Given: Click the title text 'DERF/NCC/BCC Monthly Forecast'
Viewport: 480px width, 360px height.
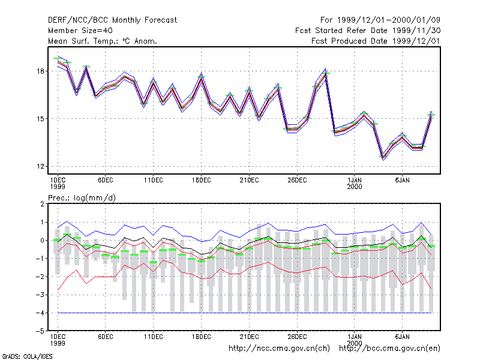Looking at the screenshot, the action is click(x=112, y=20).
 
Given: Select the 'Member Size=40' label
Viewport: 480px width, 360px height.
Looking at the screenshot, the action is click(x=80, y=31).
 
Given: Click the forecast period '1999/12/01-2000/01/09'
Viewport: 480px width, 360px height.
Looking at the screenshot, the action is click(x=388, y=20).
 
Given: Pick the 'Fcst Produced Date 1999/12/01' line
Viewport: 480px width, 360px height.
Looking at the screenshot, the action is click(x=376, y=41).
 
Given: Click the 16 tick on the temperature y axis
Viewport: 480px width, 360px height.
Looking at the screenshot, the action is click(x=40, y=71).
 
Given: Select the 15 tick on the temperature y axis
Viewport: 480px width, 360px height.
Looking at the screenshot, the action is click(x=40, y=119).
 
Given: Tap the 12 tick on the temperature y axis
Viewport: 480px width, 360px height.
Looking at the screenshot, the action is click(x=40, y=167).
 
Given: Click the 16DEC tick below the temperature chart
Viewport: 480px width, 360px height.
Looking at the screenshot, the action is click(x=202, y=181).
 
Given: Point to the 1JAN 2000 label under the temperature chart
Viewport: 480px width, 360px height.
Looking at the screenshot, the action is click(x=355, y=184).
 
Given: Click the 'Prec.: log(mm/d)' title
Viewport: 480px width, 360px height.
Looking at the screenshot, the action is click(x=82, y=198).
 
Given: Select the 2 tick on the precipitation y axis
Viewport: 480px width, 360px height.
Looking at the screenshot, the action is click(x=42, y=204).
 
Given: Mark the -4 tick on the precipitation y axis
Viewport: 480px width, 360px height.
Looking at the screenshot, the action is click(x=40, y=313).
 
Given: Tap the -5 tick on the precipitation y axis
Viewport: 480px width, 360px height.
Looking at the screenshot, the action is click(x=40, y=331).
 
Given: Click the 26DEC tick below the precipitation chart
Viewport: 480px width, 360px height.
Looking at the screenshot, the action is click(x=297, y=337).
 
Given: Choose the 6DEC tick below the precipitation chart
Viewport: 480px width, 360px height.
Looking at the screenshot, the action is click(x=106, y=337).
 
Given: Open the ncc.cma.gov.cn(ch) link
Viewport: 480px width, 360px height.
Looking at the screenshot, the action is click(x=279, y=349).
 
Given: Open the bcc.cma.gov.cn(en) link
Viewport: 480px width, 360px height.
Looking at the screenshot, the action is click(x=389, y=349).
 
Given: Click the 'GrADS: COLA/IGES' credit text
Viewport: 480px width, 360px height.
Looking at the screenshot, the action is click(x=27, y=356).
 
